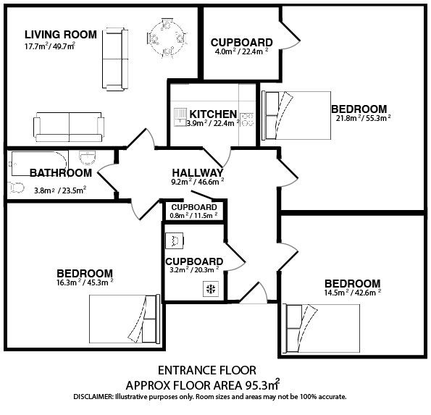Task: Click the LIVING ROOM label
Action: click(x=61, y=35)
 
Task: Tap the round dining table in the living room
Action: click(x=167, y=39)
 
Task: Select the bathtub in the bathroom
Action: click(x=40, y=164)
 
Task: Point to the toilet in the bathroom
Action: click(x=16, y=188)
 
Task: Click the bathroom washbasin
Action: click(x=88, y=158)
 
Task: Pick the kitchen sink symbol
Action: click(x=180, y=117)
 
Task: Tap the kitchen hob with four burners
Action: click(x=246, y=120)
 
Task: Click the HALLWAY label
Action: click(x=198, y=173)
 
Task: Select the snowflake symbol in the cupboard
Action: click(x=211, y=289)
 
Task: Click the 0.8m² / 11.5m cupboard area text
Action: click(x=193, y=216)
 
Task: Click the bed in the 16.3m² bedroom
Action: click(x=125, y=319)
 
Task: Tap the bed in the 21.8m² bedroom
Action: click(x=296, y=115)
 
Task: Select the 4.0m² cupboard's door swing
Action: click(x=290, y=35)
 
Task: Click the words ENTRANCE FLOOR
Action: click(x=207, y=371)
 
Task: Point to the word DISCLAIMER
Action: click(x=93, y=397)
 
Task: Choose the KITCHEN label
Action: click(x=213, y=114)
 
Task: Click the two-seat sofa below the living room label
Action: click(x=69, y=127)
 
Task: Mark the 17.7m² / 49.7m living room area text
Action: click(x=50, y=46)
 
